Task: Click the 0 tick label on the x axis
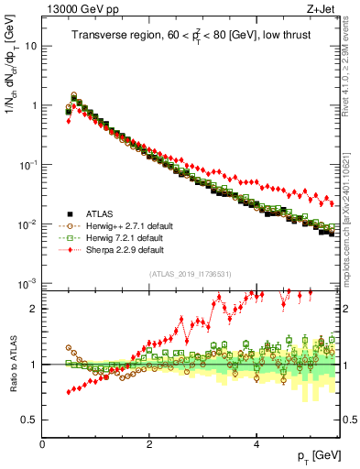tap(42, 445)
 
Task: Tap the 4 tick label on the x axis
tap(256, 445)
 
